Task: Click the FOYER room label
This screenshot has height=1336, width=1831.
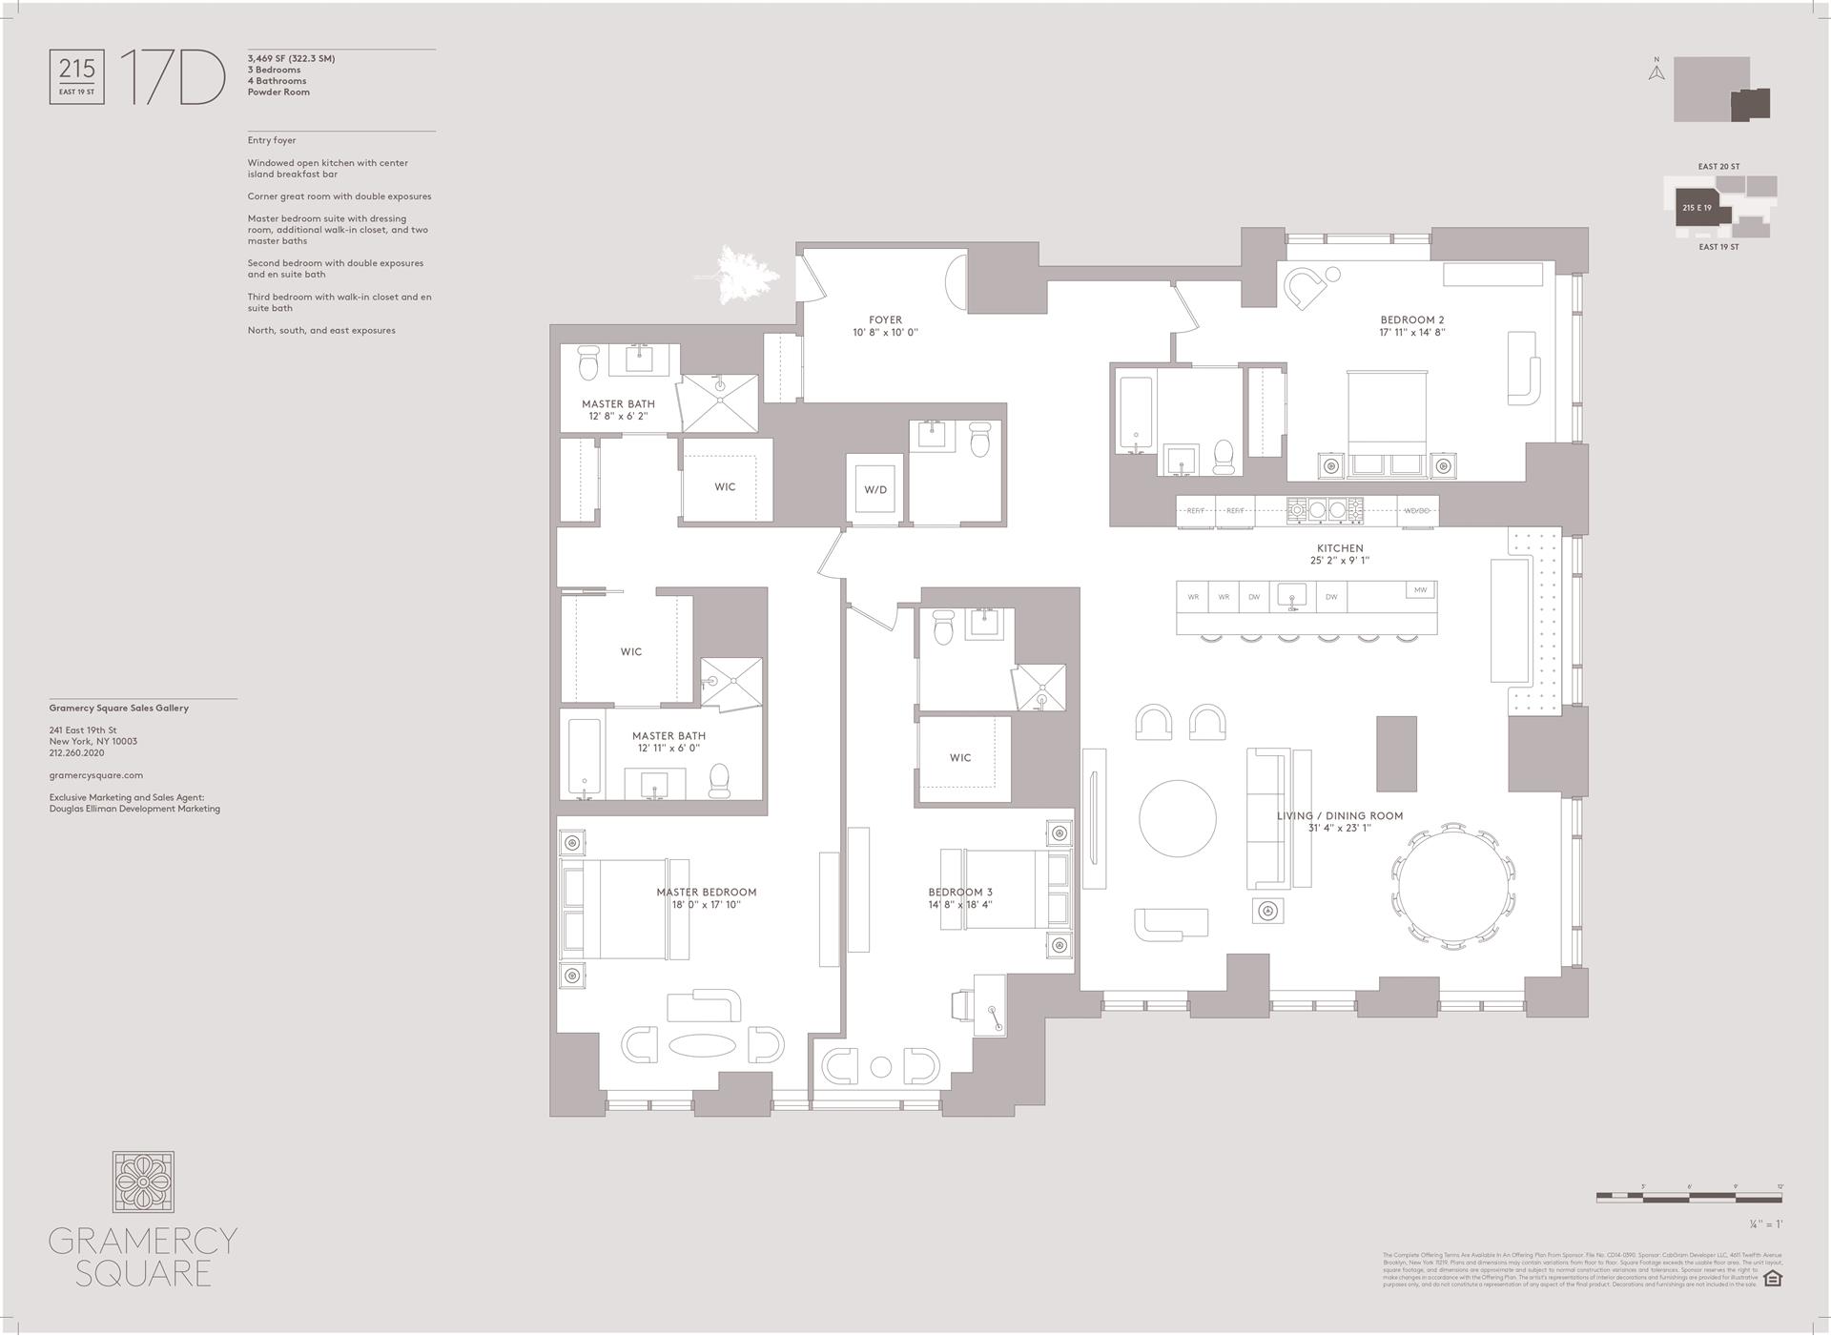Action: coord(885,326)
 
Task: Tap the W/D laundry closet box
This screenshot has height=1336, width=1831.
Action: coord(875,489)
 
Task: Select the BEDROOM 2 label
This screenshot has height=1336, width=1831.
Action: coord(1412,326)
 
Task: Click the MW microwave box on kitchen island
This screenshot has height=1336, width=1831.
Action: coord(1420,590)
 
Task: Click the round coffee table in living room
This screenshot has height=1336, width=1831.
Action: coord(1178,818)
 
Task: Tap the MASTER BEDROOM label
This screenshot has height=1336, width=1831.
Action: coord(706,897)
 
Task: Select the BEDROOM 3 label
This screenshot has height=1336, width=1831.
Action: coord(960,897)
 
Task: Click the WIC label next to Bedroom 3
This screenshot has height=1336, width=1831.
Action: coord(960,758)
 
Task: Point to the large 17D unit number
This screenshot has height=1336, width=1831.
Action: coord(172,78)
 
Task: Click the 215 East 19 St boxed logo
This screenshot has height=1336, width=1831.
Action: coord(77,78)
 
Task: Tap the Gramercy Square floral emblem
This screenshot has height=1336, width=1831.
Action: coord(143,1182)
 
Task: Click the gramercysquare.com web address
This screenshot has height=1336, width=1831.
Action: coord(96,775)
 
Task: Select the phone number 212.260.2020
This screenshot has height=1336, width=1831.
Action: coord(77,752)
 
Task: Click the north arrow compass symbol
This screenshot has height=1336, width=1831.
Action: coord(1656,70)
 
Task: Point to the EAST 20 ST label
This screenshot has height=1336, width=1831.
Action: coord(1718,167)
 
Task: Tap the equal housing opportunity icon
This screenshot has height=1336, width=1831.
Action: coord(1773,1278)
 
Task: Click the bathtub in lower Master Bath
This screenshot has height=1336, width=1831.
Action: coord(584,758)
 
